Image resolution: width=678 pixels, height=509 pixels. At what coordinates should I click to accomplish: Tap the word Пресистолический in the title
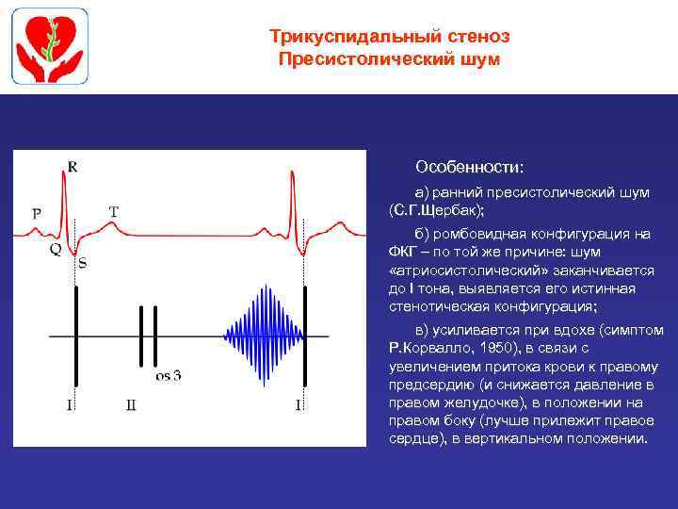coord(363,59)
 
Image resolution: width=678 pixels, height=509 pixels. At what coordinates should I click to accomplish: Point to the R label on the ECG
coord(73,168)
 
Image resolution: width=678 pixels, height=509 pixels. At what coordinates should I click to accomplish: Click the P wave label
coord(36,213)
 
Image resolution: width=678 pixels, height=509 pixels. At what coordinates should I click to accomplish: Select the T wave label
coord(114,212)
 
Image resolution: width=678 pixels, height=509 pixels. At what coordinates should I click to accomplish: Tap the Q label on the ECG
coord(55,250)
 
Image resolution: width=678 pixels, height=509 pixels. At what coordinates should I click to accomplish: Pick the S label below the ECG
coord(82,264)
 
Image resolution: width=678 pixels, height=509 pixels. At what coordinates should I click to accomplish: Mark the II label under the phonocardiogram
coord(131,405)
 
